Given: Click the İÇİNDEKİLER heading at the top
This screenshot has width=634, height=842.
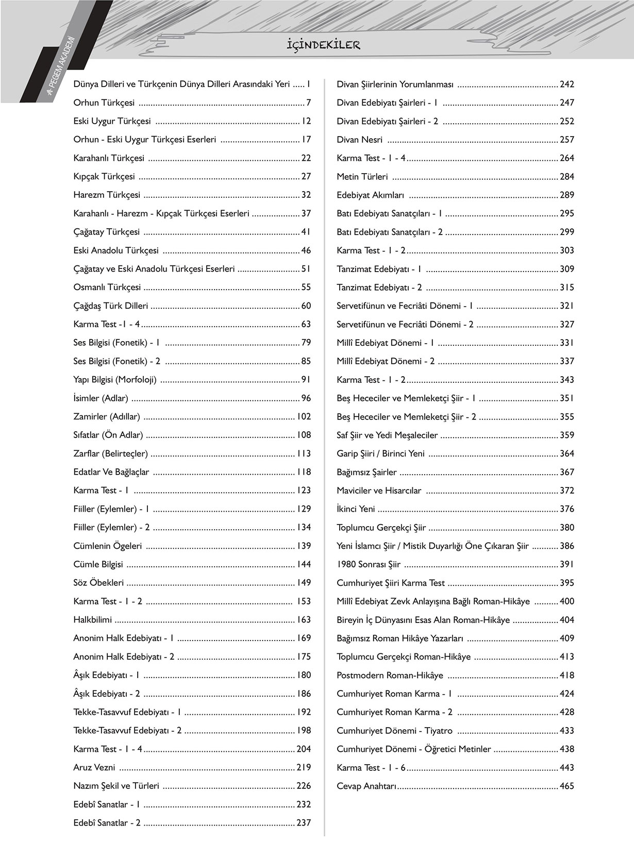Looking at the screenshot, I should pyautogui.click(x=323, y=45).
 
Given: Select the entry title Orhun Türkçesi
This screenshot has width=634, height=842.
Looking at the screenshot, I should pyautogui.click(x=104, y=103).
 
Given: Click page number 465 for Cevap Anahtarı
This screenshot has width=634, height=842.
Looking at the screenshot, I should pyautogui.click(x=566, y=786).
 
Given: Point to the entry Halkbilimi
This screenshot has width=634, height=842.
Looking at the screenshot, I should pyautogui.click(x=93, y=619).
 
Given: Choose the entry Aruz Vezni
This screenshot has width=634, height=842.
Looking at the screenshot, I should pyautogui.click(x=94, y=767).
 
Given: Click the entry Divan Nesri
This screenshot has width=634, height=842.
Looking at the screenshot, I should pyautogui.click(x=360, y=140).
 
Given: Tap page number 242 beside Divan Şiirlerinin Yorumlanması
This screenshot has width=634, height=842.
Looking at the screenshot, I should pyautogui.click(x=566, y=84).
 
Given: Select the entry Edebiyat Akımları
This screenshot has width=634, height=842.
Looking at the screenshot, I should pyautogui.click(x=371, y=195).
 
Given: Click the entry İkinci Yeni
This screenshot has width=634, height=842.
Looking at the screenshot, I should pyautogui.click(x=356, y=509).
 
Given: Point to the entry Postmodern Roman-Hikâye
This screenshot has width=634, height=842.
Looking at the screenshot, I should pyautogui.click(x=390, y=675).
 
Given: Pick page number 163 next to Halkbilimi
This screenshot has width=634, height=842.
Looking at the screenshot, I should pyautogui.click(x=304, y=619).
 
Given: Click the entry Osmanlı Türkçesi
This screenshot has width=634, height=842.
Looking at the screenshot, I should pyautogui.click(x=107, y=287).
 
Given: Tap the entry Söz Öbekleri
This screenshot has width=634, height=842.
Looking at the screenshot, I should pyautogui.click(x=99, y=583).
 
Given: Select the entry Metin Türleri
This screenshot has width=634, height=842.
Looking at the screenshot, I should pyautogui.click(x=362, y=177).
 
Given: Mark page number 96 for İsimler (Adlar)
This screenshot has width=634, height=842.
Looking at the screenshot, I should pyautogui.click(x=306, y=398).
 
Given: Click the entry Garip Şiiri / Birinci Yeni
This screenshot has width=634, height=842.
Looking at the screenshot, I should pyautogui.click(x=381, y=453).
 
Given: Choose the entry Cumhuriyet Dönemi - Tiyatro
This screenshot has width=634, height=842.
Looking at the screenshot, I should pyautogui.click(x=395, y=730).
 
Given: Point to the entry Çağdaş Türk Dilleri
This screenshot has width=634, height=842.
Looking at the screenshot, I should pyautogui.click(x=111, y=306).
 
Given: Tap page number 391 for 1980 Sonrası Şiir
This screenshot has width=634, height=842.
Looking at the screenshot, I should pyautogui.click(x=566, y=564).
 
